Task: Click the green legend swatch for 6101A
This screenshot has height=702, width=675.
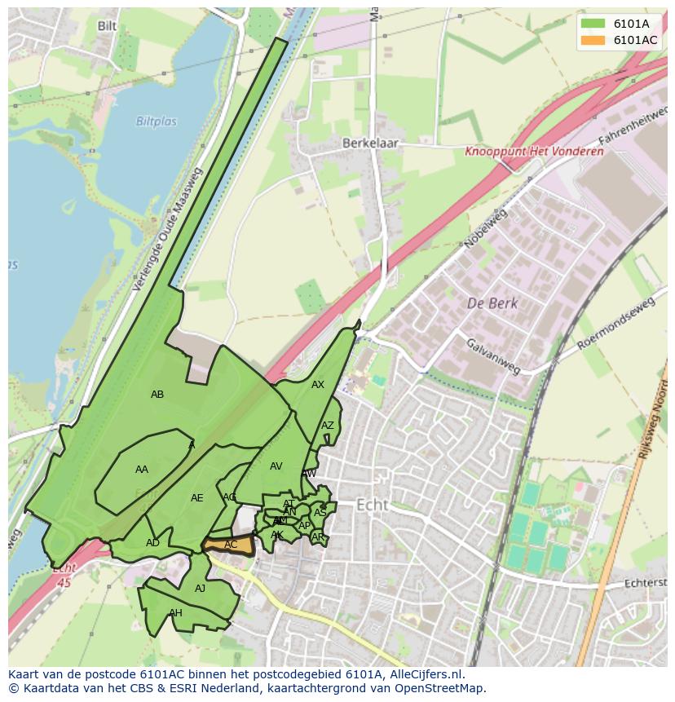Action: pyautogui.click(x=593, y=24)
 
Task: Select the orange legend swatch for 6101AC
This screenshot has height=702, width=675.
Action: pyautogui.click(x=593, y=40)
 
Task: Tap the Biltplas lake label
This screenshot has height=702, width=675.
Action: pyautogui.click(x=156, y=121)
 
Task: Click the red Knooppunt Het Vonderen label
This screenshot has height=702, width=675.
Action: pyautogui.click(x=534, y=151)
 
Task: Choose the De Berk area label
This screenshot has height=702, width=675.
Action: pyautogui.click(x=492, y=303)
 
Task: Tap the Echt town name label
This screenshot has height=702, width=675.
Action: pyautogui.click(x=373, y=505)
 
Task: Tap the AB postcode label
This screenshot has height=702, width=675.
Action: pyautogui.click(x=157, y=395)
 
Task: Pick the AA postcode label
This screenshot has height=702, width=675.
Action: pyautogui.click(x=142, y=470)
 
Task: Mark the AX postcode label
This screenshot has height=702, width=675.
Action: pyautogui.click(x=318, y=385)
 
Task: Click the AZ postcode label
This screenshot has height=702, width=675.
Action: pyautogui.click(x=327, y=426)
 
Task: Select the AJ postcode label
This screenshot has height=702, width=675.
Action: pyautogui.click(x=201, y=589)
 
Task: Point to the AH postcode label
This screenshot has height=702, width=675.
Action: pyautogui.click(x=175, y=613)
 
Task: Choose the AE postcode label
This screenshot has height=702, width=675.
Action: pyautogui.click(x=197, y=498)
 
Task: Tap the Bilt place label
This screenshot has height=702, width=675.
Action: pyautogui.click(x=107, y=26)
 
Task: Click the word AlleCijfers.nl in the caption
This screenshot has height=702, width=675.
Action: pyautogui.click(x=424, y=674)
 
